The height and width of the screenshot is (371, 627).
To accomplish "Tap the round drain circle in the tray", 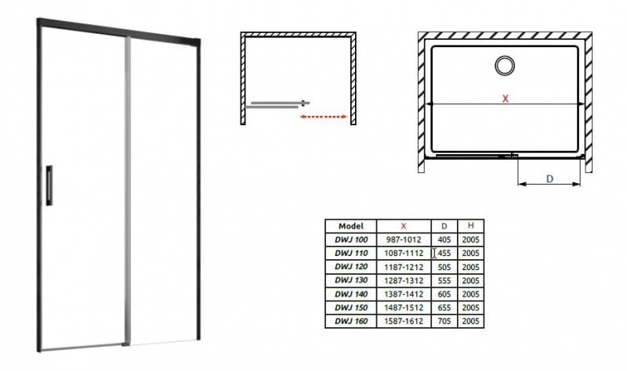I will pyautogui.click(x=504, y=66).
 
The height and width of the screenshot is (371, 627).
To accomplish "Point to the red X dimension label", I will pyautogui.click(x=506, y=99).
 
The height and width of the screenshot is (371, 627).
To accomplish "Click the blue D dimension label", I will pyautogui.click(x=549, y=178).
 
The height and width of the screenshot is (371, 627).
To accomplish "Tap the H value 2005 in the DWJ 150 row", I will pyautogui.click(x=471, y=308).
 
